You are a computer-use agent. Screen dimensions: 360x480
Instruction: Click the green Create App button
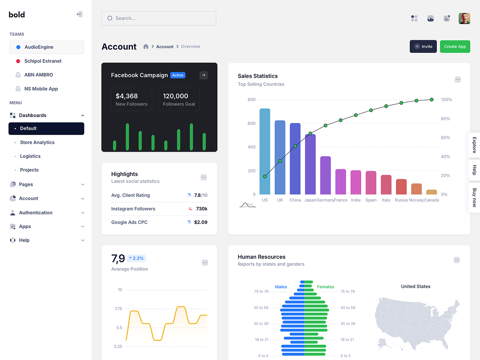(x=455, y=46)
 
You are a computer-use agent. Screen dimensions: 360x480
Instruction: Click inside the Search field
(x=158, y=18)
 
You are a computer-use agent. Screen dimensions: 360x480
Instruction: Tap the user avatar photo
(x=464, y=18)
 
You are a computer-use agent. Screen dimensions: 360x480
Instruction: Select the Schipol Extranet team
(x=43, y=61)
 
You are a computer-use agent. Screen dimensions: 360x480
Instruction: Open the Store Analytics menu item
(x=37, y=142)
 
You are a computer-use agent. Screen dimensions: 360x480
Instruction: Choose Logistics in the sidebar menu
(x=30, y=156)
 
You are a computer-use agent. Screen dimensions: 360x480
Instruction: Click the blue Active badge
(x=178, y=75)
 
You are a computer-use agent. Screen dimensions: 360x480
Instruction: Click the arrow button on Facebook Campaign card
(x=204, y=75)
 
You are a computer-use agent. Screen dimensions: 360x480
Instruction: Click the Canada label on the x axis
(x=432, y=200)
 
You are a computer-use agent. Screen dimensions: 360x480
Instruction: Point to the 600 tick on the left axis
(x=251, y=123)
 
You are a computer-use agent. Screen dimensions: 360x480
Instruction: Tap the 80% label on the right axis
(x=445, y=119)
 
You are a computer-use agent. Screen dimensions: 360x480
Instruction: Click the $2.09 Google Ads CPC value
(x=200, y=222)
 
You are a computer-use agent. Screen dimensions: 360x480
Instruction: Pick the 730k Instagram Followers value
(x=202, y=209)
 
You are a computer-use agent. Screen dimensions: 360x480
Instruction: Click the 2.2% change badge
(x=136, y=258)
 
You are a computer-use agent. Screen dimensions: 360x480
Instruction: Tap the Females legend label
(x=325, y=287)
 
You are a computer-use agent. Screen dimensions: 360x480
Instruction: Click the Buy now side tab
(x=474, y=197)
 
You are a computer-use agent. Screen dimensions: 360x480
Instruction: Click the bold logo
(x=17, y=15)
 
